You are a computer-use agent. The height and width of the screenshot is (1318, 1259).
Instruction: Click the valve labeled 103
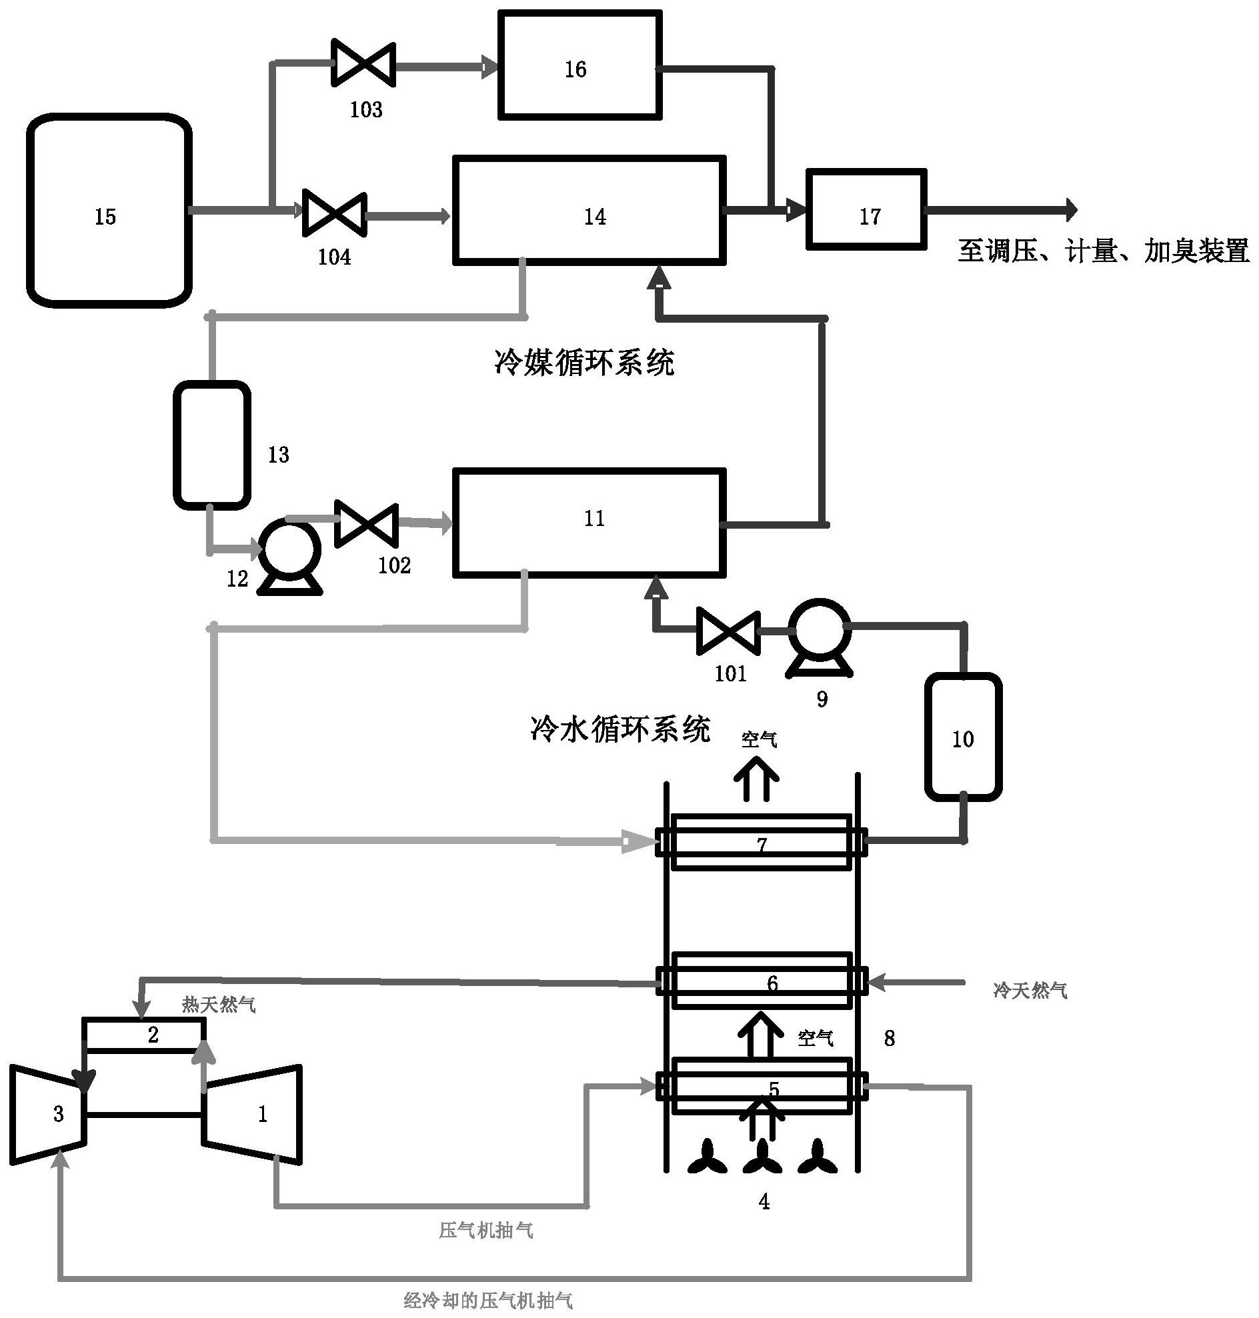[x=363, y=65]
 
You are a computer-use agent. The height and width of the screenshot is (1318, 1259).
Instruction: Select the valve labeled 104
[x=334, y=213]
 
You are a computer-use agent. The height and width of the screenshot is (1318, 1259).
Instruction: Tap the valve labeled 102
[x=365, y=523]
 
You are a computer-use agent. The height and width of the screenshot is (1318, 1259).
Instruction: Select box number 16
[x=580, y=65]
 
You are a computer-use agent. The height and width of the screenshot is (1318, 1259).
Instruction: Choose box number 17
[x=866, y=209]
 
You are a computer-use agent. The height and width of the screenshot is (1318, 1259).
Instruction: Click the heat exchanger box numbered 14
[x=589, y=210]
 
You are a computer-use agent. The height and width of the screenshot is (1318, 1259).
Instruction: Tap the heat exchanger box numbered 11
[x=589, y=522]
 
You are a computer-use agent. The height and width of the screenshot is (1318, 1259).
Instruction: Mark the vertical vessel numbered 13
[x=211, y=445]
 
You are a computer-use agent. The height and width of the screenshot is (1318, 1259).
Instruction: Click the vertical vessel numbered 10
[x=963, y=737]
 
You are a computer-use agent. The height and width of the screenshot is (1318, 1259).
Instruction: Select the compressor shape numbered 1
[x=253, y=1113]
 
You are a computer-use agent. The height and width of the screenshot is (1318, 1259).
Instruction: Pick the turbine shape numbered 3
[x=49, y=1113]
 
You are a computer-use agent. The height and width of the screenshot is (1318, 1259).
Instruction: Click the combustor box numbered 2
[x=143, y=1034]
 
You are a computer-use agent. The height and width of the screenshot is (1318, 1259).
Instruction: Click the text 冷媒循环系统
[x=584, y=363]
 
